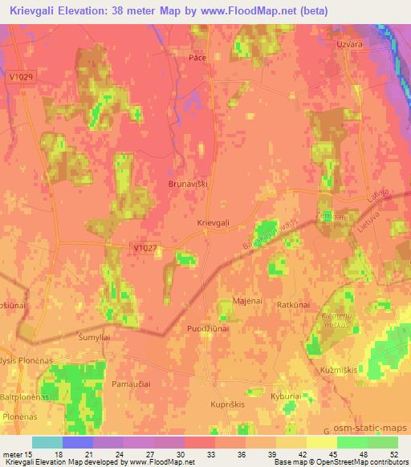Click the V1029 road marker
[x=22, y=76]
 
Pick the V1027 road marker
[x=145, y=249]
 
